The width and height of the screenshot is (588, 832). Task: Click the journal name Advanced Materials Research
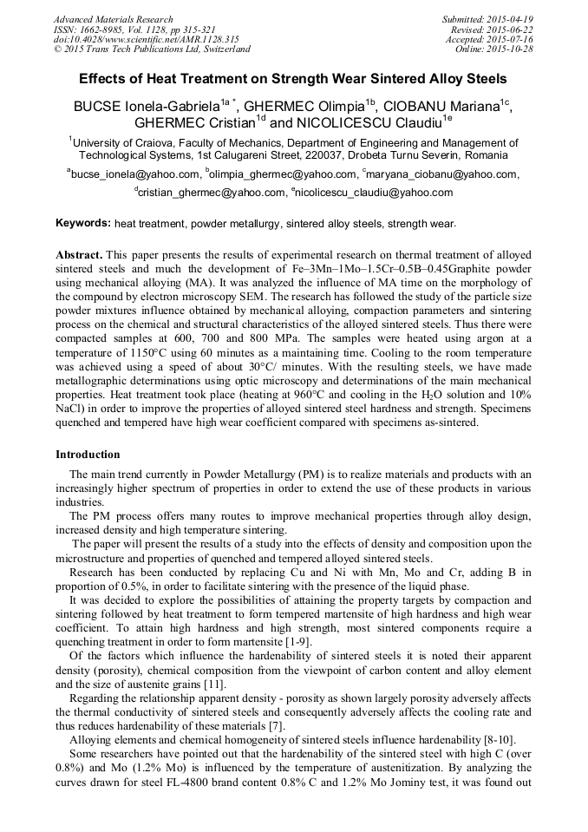pyautogui.click(x=113, y=19)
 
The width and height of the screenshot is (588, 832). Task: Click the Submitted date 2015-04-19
pyautogui.click(x=511, y=19)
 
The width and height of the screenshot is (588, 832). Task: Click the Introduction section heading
pyautogui.click(x=88, y=454)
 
